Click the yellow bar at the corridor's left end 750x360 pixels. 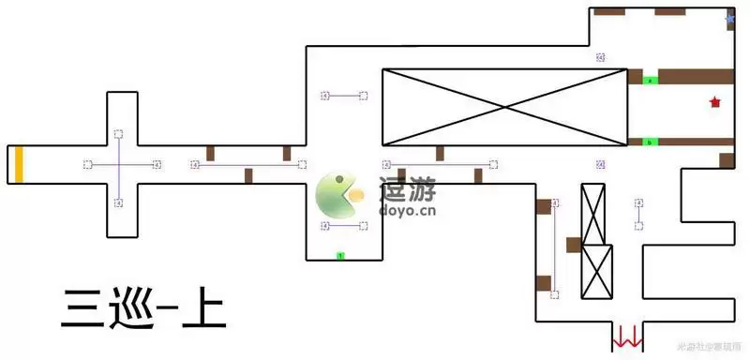[18, 164]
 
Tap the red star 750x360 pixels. [715, 102]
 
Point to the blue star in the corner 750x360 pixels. [730, 19]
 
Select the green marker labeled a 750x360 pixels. [651, 82]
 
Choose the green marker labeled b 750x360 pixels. [651, 142]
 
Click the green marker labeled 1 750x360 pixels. [341, 255]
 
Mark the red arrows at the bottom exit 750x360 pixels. [626, 335]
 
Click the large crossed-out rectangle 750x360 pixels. [504, 107]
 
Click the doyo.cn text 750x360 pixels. [407, 212]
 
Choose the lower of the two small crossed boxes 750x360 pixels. [597, 272]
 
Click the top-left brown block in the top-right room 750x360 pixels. [609, 12]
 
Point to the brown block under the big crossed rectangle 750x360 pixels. [439, 153]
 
